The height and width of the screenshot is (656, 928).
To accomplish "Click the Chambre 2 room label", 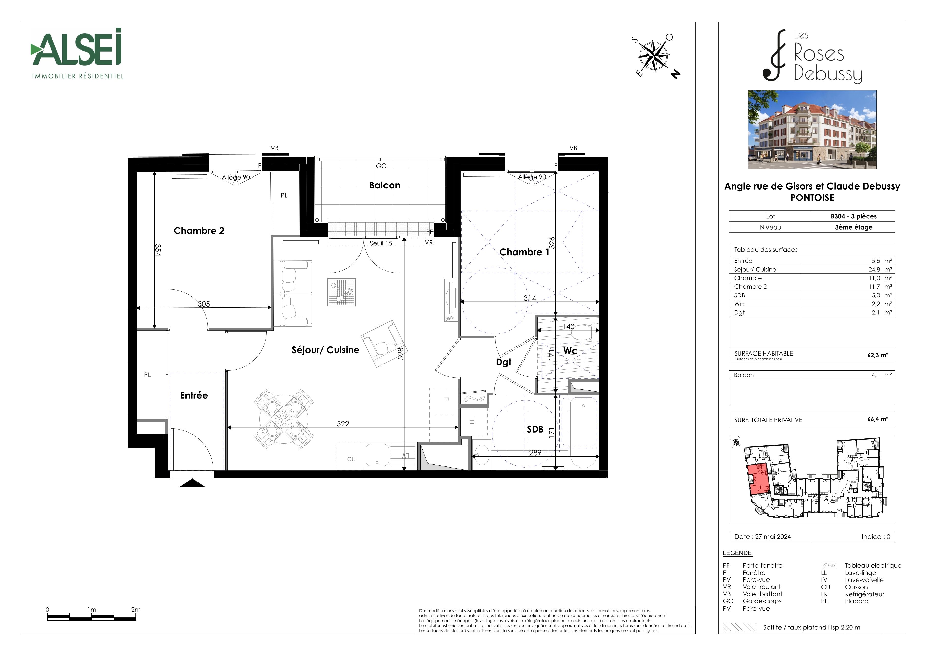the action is click(199, 231).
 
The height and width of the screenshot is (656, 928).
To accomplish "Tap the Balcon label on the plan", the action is click(385, 185).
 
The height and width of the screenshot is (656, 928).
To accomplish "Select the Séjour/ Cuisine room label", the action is click(325, 350).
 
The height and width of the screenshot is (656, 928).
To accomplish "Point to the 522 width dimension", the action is click(343, 423).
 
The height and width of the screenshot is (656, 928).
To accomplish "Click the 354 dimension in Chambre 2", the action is click(158, 250).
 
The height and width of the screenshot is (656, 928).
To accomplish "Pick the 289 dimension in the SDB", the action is click(535, 453).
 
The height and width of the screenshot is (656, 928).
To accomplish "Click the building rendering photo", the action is click(812, 129).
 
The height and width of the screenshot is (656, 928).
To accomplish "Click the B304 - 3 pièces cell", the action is click(854, 216).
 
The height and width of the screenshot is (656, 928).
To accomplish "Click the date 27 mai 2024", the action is click(773, 536).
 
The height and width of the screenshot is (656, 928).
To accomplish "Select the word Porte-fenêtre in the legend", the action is click(762, 565).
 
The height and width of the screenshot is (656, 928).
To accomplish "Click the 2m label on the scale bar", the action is click(136, 610).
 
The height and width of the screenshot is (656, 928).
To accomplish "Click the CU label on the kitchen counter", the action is click(351, 459).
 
